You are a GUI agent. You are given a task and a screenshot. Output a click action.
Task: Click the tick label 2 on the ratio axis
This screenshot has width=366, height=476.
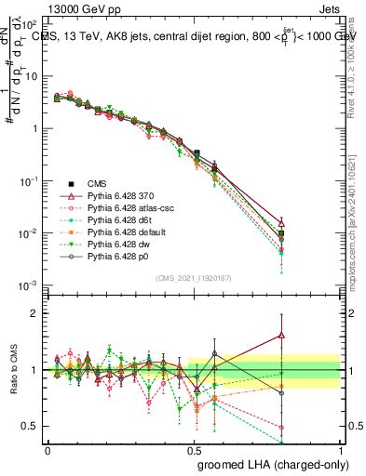pyautogui.click(x=34, y=314)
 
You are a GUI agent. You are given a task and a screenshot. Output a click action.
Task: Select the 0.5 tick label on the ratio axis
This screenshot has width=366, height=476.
pyautogui.click(x=31, y=426)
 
